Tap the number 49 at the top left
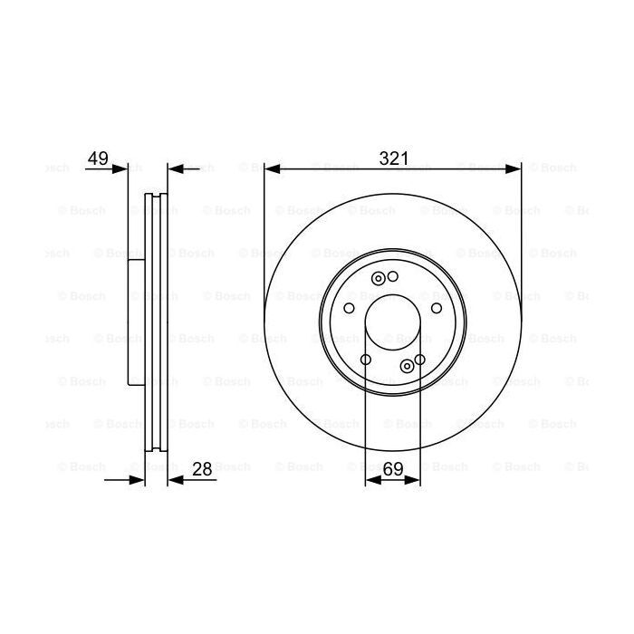pyautogui.click(x=98, y=158)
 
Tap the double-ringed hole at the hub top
pyautogui.click(x=379, y=278)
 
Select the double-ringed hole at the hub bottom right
pyautogui.click(x=407, y=365)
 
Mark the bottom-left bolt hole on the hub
pyautogui.click(x=365, y=360)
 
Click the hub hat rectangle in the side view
pyautogui.click(x=137, y=322)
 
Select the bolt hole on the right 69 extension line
pyautogui.click(x=420, y=360)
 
